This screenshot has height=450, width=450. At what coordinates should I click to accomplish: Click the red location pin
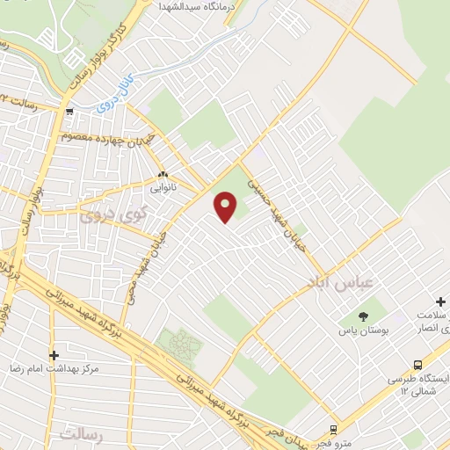(x=227, y=207)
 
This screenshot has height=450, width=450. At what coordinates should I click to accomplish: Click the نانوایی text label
(x=162, y=188)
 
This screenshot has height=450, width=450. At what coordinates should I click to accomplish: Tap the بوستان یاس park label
(x=363, y=331)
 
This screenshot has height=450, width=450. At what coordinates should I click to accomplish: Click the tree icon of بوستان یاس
(x=364, y=316)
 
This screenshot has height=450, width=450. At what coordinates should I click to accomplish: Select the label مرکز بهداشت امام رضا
(x=54, y=369)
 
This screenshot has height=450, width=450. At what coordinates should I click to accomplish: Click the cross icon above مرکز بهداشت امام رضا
(x=54, y=355)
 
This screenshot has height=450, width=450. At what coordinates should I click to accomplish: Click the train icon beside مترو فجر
(x=333, y=430)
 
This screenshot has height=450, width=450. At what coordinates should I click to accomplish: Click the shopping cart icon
(x=69, y=112)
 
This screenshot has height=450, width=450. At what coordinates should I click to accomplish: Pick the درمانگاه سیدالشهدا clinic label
(x=192, y=6)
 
